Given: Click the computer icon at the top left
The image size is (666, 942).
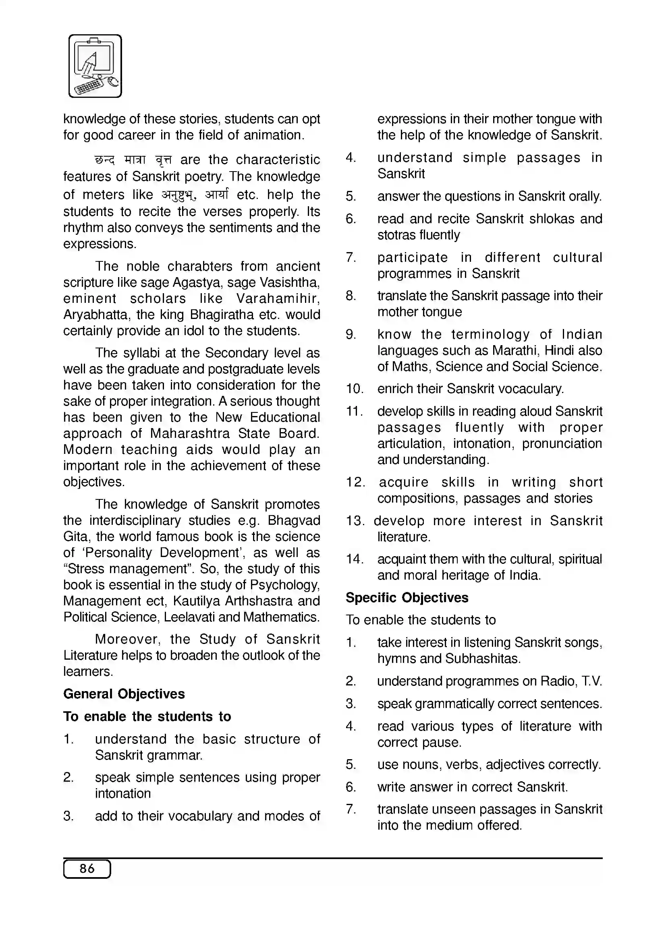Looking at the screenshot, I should click(x=95, y=66).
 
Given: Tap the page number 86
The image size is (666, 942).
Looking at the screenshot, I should click(x=87, y=869).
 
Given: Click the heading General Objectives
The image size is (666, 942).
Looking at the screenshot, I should click(x=124, y=694).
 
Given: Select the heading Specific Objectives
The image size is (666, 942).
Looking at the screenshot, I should click(x=407, y=597).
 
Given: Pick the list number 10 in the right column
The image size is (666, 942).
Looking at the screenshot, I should click(x=354, y=389).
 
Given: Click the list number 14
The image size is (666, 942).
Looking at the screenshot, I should click(x=354, y=559).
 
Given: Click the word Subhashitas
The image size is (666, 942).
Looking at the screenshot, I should click(x=483, y=658).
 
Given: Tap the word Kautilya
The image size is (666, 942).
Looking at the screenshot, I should click(x=192, y=601).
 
